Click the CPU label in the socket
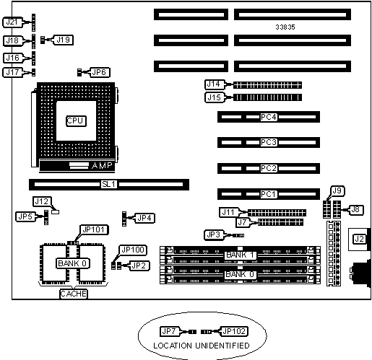[x=76, y=120]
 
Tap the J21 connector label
[x=12, y=22]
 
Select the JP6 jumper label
[x=99, y=72]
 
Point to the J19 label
[x=63, y=40]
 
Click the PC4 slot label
[x=269, y=117]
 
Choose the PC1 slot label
[x=269, y=194]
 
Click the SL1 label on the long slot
[x=109, y=185]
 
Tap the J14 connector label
[x=214, y=84]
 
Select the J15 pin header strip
[x=267, y=97]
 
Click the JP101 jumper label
[x=93, y=230]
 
